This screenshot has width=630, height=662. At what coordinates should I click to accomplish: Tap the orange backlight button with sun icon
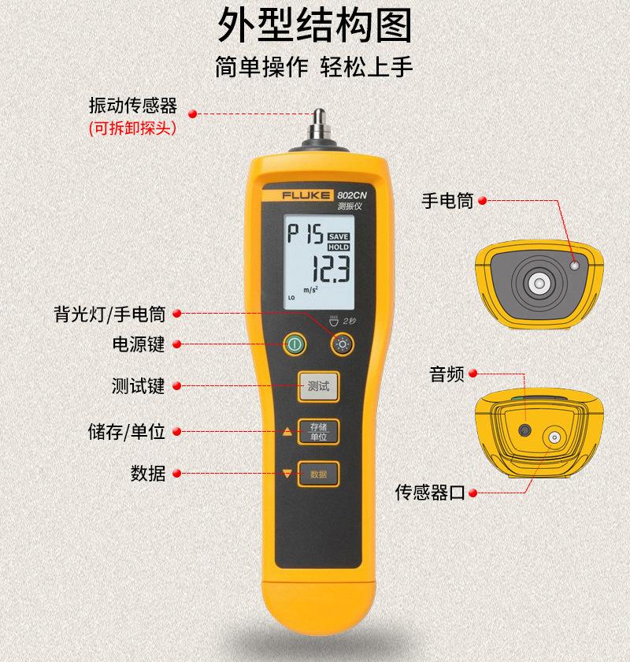pyautogui.click(x=343, y=344)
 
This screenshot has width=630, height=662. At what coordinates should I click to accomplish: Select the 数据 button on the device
pyautogui.click(x=317, y=474)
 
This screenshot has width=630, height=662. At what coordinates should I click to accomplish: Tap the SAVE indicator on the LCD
pyautogui.click(x=339, y=236)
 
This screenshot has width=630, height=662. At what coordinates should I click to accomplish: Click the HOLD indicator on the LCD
pyautogui.click(x=339, y=247)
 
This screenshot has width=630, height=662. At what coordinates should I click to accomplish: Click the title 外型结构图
pyautogui.click(x=315, y=25)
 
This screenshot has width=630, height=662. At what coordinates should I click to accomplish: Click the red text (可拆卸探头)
pyautogui.click(x=132, y=128)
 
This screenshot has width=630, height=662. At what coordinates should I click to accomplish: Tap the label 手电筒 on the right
pyautogui.click(x=447, y=201)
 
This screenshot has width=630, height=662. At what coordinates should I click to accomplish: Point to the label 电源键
pyautogui.click(x=139, y=344)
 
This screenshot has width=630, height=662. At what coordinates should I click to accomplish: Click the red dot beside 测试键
pyautogui.click(x=177, y=386)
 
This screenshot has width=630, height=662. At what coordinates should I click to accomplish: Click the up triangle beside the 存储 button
pyautogui.click(x=287, y=432)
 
